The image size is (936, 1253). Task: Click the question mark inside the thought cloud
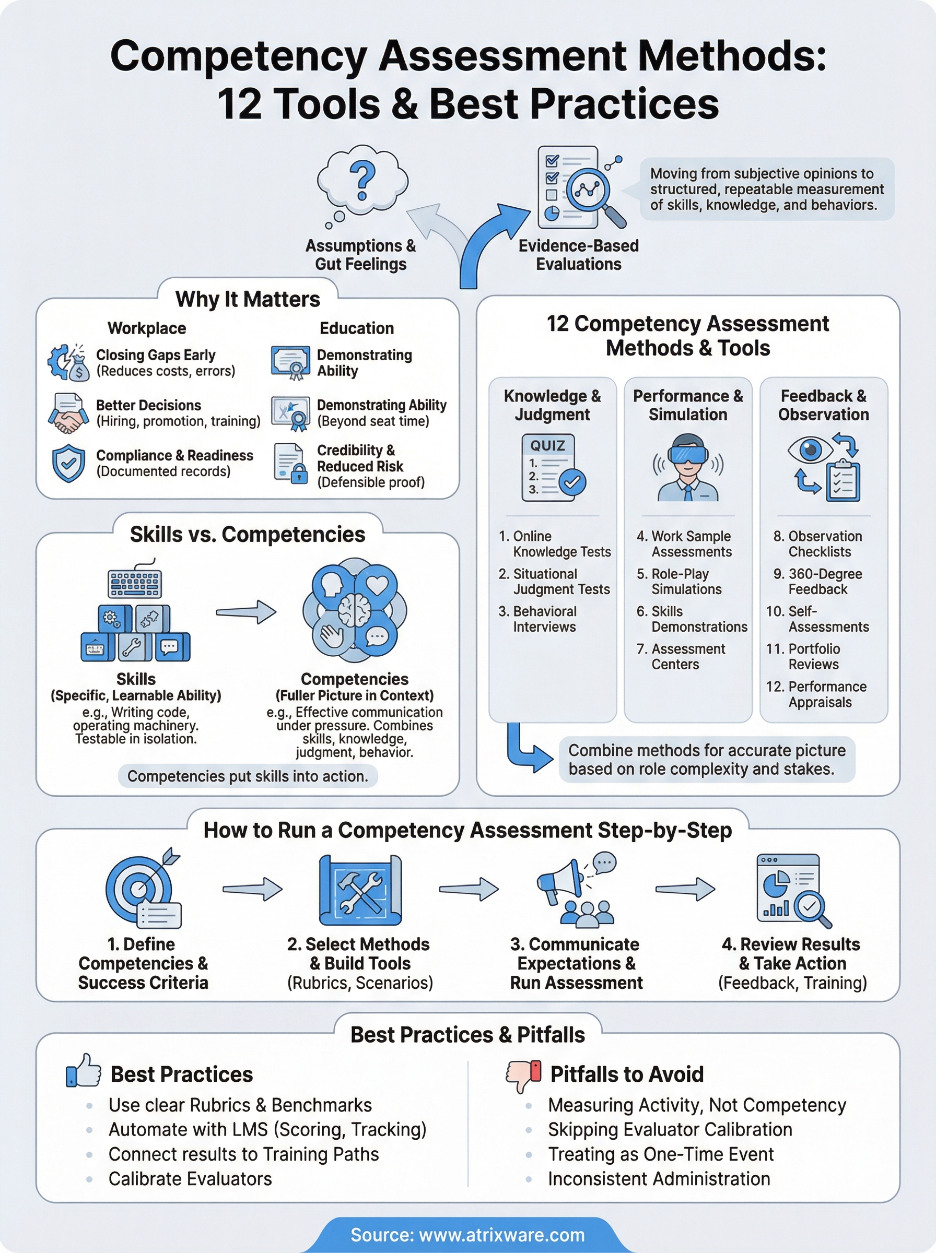click(362, 180)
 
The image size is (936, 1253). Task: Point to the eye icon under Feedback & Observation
click(810, 450)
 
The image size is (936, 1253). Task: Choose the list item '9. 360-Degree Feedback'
click(817, 582)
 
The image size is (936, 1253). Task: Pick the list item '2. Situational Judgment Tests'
click(554, 582)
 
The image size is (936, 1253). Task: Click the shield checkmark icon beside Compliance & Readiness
click(68, 463)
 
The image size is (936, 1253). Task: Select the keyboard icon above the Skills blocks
click(135, 583)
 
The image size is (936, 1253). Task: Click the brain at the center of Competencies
click(355, 610)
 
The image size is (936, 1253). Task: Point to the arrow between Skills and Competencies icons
click(246, 611)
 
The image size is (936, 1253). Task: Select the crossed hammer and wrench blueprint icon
click(360, 890)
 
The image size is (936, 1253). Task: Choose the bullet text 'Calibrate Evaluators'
click(190, 1179)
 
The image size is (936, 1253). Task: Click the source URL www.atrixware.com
click(501, 1235)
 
